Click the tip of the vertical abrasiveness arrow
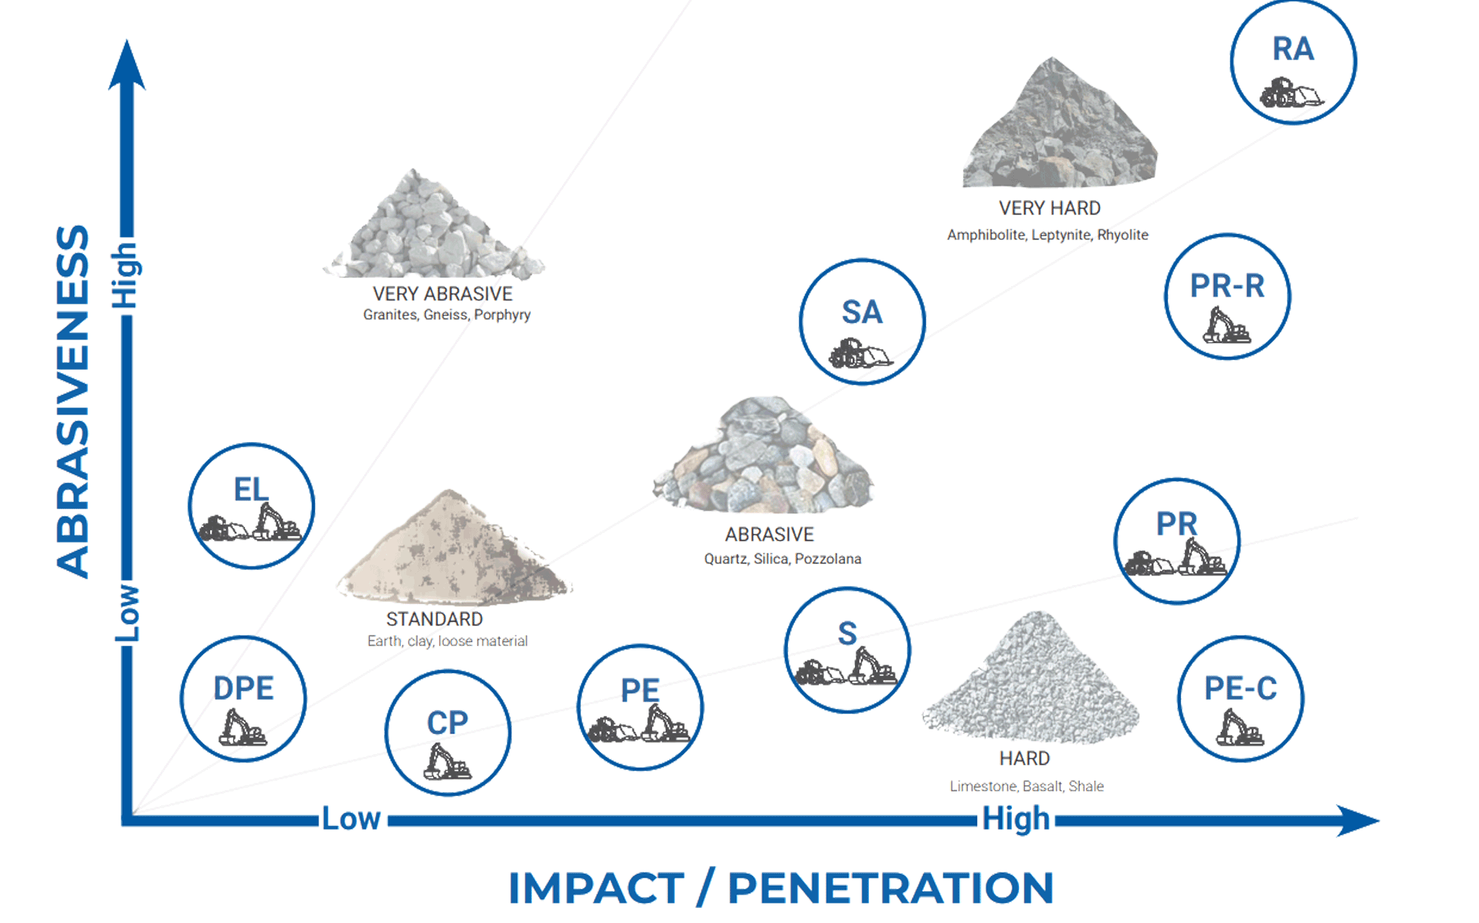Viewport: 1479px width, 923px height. point(127,40)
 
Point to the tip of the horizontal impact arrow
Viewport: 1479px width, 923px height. point(1379,820)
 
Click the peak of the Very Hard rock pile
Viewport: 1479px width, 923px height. point(1051,58)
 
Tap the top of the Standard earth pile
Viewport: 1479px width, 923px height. point(450,490)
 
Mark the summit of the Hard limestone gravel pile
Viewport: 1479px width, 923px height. point(1037,612)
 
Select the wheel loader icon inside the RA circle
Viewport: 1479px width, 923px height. point(1292,93)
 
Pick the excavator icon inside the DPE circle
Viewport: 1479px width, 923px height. point(243,727)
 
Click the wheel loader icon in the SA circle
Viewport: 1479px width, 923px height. point(861,353)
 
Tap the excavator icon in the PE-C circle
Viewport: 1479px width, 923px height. point(1240,727)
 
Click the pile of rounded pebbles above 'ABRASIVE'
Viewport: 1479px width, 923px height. point(763,455)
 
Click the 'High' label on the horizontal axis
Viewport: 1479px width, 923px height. point(1016,819)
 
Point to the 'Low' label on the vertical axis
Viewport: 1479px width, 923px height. point(127,613)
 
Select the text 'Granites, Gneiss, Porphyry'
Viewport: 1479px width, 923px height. point(447,315)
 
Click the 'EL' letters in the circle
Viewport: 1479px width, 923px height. point(251,490)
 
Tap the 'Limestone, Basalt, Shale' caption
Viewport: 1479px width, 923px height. point(1027,786)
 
